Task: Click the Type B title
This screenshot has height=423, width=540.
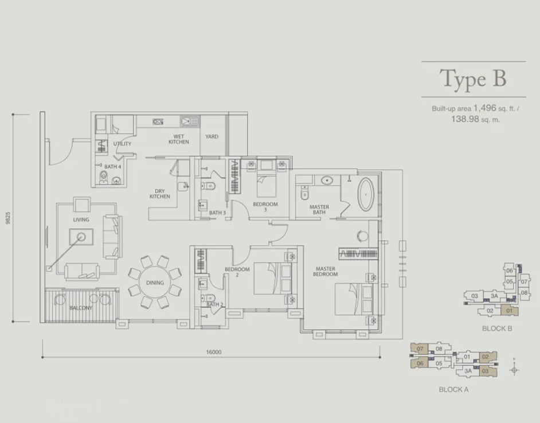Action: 473,79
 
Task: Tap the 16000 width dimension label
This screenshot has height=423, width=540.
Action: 213,352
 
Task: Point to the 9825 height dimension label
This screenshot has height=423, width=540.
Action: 8,218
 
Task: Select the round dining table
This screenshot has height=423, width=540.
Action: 155,283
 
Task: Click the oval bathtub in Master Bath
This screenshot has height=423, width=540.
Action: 366,194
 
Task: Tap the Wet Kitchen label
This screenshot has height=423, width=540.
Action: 179,139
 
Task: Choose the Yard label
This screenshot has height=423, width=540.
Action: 212,136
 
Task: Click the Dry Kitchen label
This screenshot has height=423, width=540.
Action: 159,194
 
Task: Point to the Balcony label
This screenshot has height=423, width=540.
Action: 81,308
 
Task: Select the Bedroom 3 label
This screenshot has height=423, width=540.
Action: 265,207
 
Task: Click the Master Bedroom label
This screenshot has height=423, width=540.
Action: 325,272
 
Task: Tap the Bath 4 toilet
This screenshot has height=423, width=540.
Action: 103,178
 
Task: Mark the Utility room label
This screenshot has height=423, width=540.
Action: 122,144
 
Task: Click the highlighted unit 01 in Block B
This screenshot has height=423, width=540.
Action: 510,310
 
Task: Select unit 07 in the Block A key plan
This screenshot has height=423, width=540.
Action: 420,348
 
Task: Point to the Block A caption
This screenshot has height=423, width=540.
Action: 453,390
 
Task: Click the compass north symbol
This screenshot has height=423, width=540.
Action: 514,369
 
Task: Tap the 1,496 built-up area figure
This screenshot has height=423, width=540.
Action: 485,108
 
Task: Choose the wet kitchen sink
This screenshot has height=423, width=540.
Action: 189,122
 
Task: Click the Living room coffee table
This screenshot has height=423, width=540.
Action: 81,237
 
